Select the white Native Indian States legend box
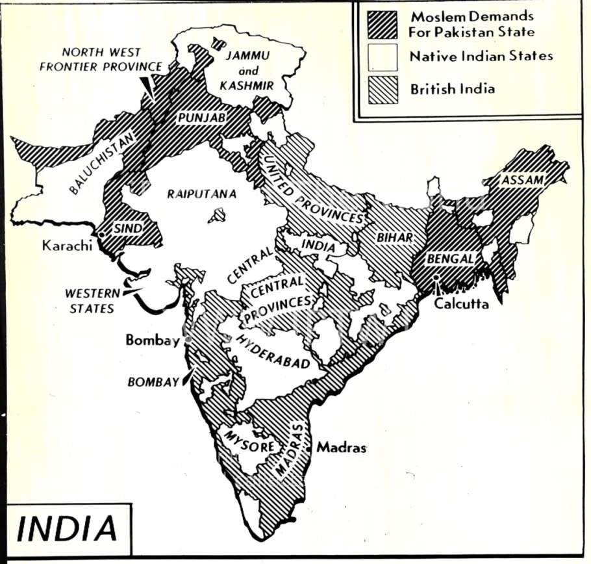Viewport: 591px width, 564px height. [382, 57]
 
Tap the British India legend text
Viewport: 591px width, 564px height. [451, 89]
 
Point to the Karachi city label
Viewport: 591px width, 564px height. [64, 246]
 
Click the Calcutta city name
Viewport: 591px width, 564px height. [461, 303]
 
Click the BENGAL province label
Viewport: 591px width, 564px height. [449, 258]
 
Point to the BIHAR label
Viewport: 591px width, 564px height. [394, 237]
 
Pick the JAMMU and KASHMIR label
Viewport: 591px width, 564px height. [250, 71]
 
